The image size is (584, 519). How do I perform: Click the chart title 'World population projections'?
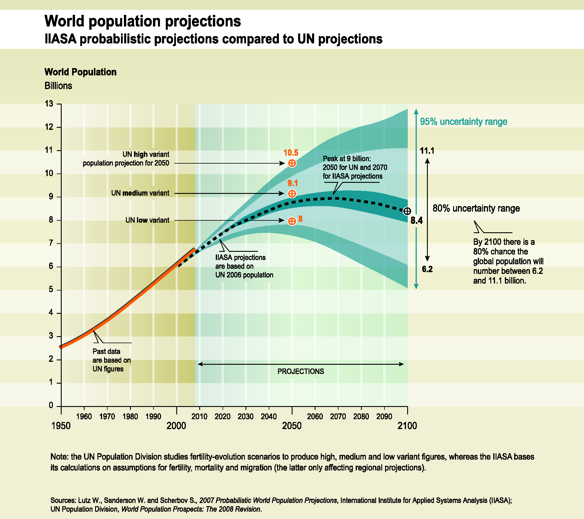[143, 21]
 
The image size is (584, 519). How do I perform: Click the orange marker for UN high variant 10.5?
[292, 163]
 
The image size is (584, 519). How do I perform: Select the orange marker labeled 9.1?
[292, 194]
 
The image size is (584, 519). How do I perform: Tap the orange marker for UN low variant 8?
[292, 221]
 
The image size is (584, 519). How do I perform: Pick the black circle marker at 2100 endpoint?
[407, 211]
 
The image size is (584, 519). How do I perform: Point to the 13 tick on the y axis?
[49, 104]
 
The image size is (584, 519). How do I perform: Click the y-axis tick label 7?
[51, 243]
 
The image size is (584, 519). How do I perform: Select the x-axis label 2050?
[292, 426]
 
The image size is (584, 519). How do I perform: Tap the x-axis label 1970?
[107, 417]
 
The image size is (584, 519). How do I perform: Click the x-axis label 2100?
[407, 426]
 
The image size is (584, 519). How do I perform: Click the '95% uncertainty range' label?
[463, 122]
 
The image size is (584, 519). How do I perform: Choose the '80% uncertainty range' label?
[476, 208]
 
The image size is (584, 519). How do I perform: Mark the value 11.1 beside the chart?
[427, 151]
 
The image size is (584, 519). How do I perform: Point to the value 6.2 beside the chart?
[427, 269]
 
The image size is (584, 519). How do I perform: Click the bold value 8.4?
[416, 221]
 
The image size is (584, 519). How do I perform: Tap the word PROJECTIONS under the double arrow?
[300, 371]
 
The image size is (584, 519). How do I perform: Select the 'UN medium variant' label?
[140, 193]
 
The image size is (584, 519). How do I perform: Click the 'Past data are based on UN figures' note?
[111, 360]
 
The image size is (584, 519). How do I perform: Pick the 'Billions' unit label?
[58, 86]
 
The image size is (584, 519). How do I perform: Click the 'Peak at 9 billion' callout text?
[355, 167]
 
